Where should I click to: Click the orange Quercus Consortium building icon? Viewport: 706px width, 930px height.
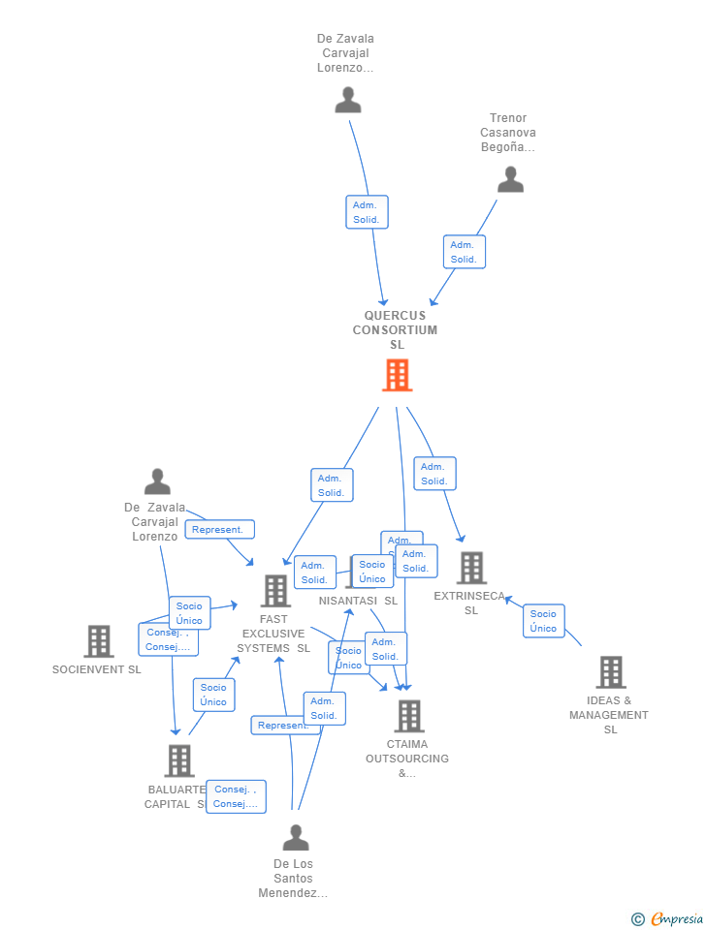(x=397, y=375)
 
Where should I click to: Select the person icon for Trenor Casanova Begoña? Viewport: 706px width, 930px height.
(x=510, y=179)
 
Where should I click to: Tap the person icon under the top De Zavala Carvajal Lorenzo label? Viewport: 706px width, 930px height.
(x=347, y=100)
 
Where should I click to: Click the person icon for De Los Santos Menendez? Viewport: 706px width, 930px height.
(x=296, y=837)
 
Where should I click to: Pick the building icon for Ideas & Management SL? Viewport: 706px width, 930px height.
(x=610, y=671)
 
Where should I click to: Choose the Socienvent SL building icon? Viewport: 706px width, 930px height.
(x=98, y=641)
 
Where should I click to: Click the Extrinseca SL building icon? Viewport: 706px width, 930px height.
(x=471, y=568)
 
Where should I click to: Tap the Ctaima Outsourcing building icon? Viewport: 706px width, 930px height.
(x=409, y=716)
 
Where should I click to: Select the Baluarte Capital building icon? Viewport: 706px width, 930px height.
(x=179, y=760)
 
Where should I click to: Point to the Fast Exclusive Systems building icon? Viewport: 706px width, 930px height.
(x=275, y=590)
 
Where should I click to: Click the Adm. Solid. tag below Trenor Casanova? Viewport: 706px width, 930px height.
(x=464, y=252)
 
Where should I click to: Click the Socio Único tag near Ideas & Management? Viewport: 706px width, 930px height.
(x=543, y=621)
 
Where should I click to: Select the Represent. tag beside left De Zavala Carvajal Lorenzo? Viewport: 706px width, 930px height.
(x=219, y=530)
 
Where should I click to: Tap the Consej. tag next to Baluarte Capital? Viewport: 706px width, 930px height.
(x=236, y=796)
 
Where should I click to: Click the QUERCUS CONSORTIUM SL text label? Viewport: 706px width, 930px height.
(x=396, y=329)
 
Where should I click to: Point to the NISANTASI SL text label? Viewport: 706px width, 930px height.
(x=358, y=601)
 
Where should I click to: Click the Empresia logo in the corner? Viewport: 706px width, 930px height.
(x=668, y=918)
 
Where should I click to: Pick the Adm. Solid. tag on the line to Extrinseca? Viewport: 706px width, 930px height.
(x=434, y=474)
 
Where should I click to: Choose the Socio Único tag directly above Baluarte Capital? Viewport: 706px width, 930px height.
(x=213, y=695)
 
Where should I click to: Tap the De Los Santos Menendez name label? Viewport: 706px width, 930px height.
(x=293, y=878)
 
